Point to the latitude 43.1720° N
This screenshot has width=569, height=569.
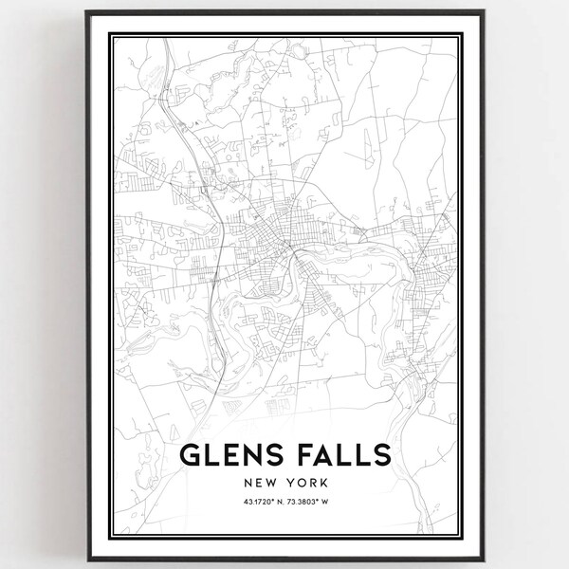point(251,503)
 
